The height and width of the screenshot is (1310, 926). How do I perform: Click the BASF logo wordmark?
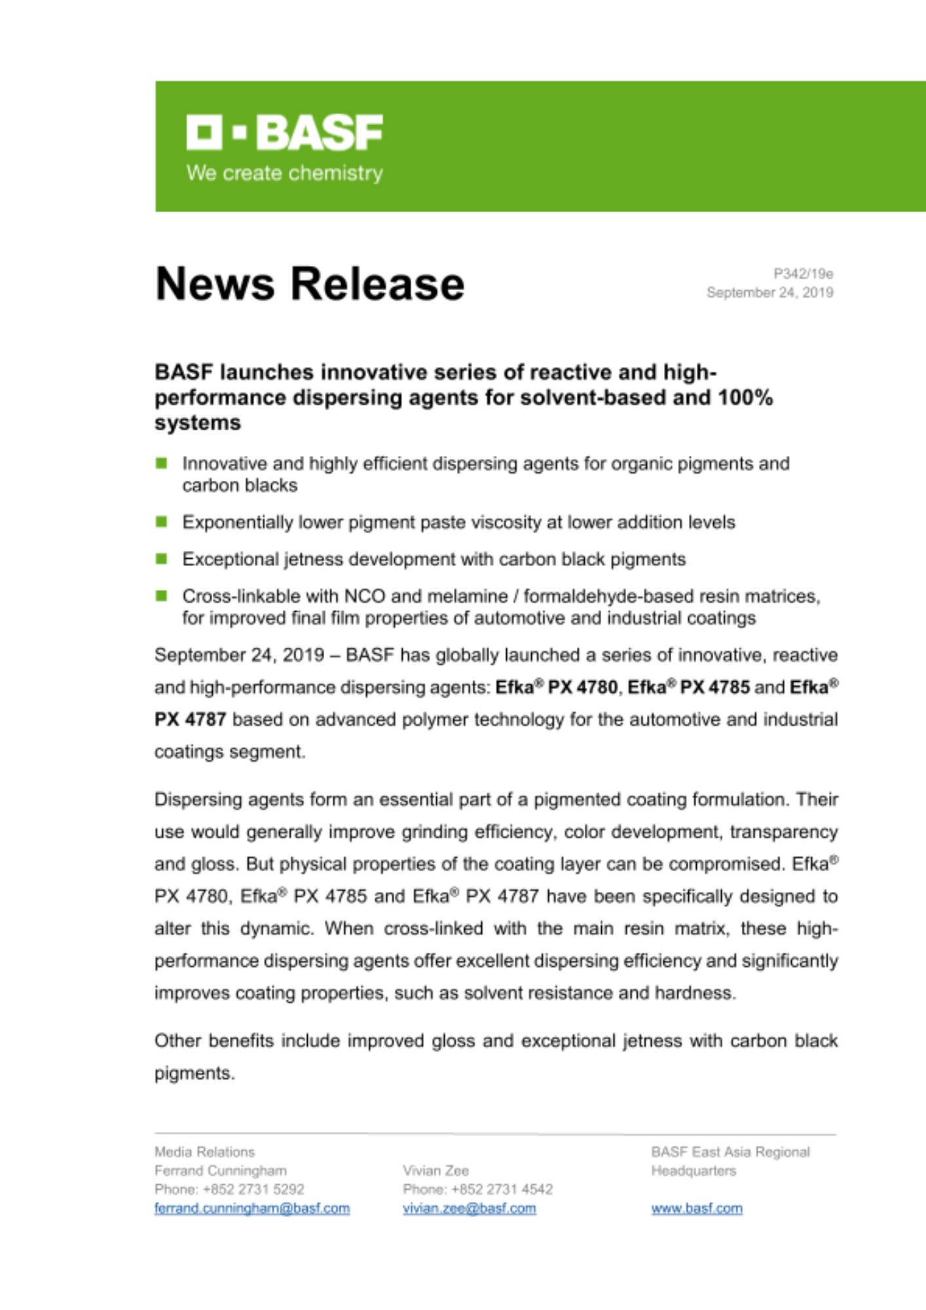[x=285, y=132]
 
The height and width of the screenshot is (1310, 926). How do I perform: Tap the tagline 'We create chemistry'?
[x=285, y=173]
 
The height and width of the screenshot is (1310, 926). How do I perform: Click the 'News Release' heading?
[x=310, y=284]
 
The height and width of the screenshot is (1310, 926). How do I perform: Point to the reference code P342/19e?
[x=803, y=274]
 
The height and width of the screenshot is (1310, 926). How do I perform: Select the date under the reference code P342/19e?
[x=769, y=293]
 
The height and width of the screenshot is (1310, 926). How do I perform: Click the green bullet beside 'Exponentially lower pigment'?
[x=161, y=522]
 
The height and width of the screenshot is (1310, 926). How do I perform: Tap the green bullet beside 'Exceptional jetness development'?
[x=161, y=559]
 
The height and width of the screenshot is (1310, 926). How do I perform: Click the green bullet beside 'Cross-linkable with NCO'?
[x=161, y=596]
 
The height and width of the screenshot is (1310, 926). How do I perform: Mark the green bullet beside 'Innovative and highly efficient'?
[x=161, y=464]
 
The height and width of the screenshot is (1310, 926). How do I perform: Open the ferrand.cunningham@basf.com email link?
[x=252, y=1208]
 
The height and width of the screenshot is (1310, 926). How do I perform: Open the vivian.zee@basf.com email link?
[x=470, y=1208]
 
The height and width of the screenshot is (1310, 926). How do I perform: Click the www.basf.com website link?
[x=697, y=1208]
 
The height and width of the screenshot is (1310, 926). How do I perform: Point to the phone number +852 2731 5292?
[x=253, y=1189]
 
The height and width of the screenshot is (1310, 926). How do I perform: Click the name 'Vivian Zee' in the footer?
[x=435, y=1170]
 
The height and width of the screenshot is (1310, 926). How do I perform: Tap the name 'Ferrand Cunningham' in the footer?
[x=221, y=1170]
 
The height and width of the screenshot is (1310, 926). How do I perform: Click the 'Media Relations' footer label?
[x=204, y=1151]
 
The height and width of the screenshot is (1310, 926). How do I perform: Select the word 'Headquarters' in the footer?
[x=694, y=1170]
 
